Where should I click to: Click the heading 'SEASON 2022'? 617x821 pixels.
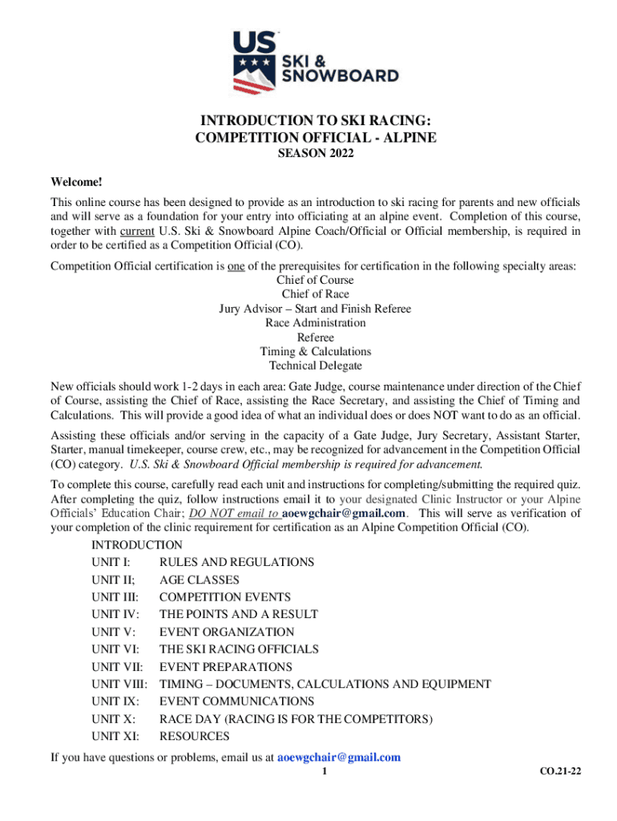[x=316, y=155]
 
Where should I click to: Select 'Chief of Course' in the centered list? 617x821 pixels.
[x=315, y=280]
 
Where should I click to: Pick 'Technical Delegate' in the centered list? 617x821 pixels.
[x=315, y=366]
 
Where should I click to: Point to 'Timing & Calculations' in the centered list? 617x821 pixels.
[x=315, y=351]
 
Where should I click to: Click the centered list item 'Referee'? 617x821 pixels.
[x=315, y=338]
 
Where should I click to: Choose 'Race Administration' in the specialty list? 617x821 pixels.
[x=315, y=323]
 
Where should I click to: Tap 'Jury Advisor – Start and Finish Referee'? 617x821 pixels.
[x=315, y=309]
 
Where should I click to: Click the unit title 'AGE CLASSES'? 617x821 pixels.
[x=199, y=580]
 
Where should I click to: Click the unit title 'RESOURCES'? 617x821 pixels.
[x=194, y=736]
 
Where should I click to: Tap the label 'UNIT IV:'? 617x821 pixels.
[x=115, y=614]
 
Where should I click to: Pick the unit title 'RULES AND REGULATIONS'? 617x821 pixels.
[x=236, y=562]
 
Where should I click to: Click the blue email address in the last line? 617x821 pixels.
[x=338, y=757]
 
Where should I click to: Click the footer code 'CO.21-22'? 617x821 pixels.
[x=561, y=771]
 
